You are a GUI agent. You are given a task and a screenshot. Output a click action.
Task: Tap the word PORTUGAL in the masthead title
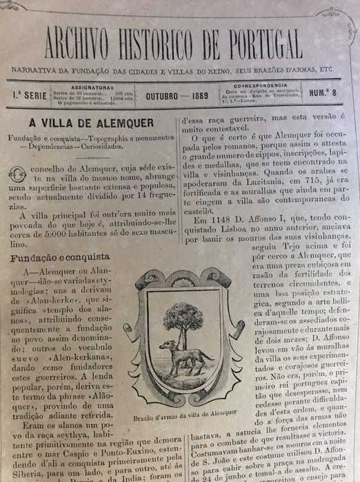263,45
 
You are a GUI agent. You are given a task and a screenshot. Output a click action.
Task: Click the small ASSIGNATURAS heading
79,88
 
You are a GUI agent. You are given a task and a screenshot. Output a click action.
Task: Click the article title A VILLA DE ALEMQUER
86,123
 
